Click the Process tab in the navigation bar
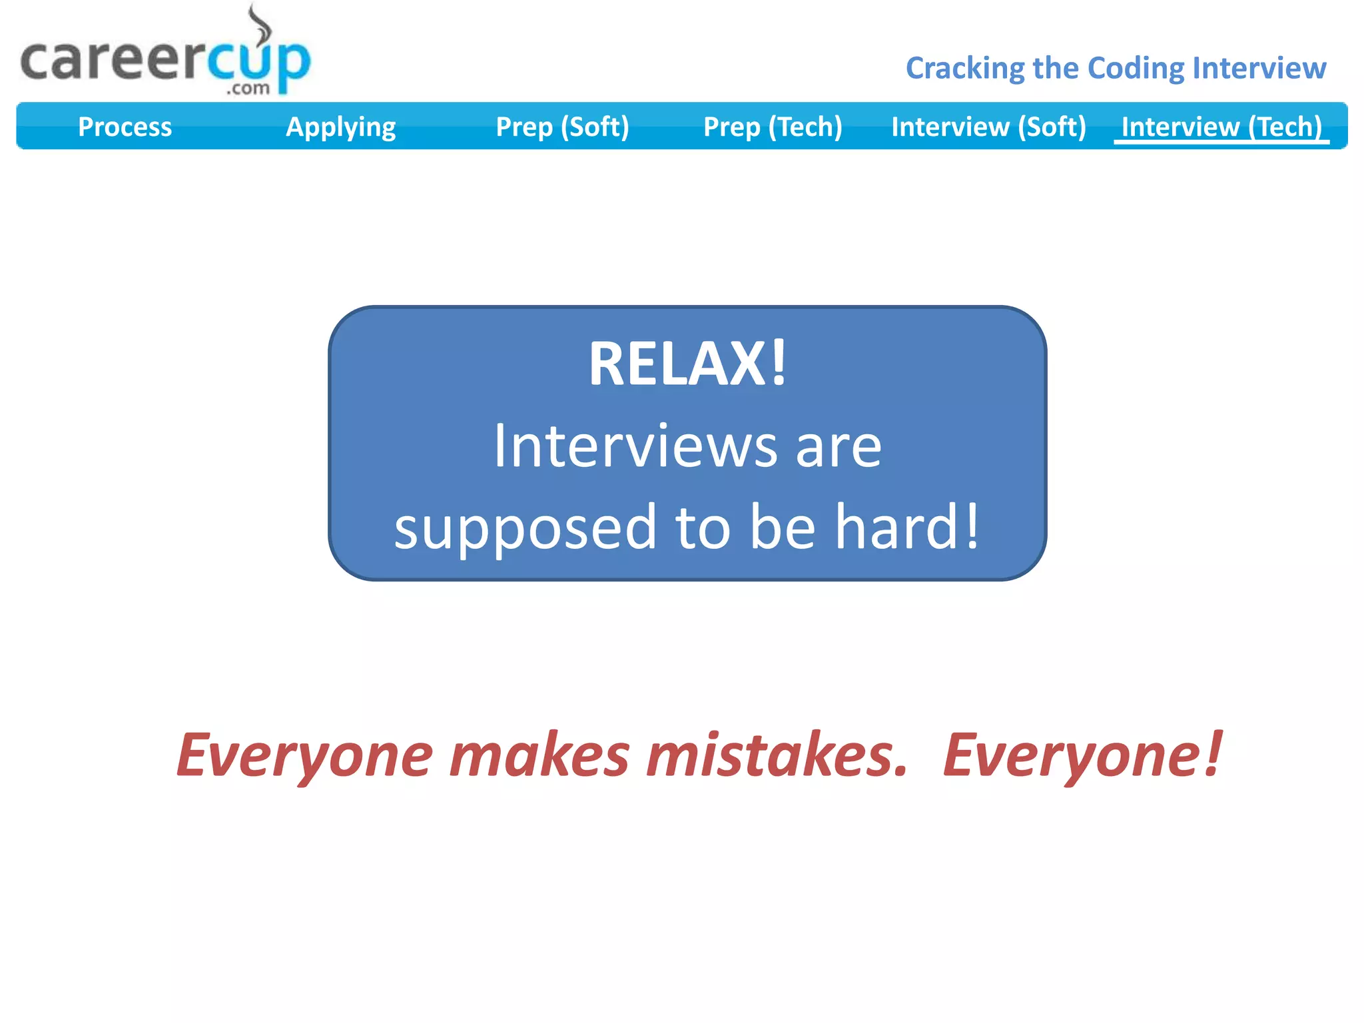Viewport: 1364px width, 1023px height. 125,127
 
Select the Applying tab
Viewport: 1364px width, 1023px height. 340,127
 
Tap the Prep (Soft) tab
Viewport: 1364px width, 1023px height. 562,127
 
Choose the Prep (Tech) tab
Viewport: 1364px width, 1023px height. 773,127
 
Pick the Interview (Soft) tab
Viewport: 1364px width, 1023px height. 988,127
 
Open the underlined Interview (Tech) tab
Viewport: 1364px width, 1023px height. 1221,127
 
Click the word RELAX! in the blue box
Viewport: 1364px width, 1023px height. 687,364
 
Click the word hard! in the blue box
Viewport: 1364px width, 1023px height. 907,527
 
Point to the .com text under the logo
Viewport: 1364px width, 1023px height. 248,89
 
